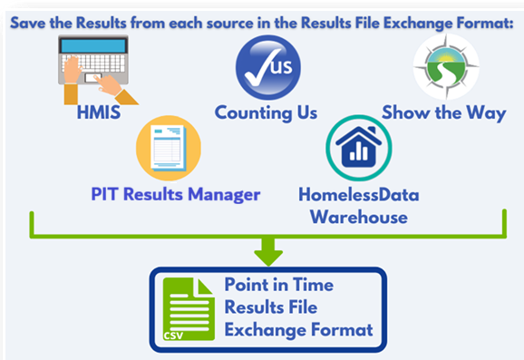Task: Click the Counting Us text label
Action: tap(266, 113)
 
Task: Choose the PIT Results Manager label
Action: tap(175, 193)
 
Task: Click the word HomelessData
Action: tap(358, 194)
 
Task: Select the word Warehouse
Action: tap(358, 217)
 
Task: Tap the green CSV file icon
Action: tap(189, 310)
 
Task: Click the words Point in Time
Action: tap(279, 285)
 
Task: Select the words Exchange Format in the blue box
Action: tap(298, 330)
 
